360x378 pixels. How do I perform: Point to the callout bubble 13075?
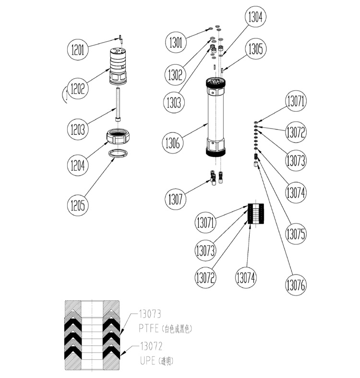click(x=296, y=234)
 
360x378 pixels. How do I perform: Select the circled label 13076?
click(x=296, y=283)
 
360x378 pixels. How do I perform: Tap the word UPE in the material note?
click(x=147, y=361)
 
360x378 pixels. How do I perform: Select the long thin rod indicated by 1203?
click(x=117, y=105)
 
